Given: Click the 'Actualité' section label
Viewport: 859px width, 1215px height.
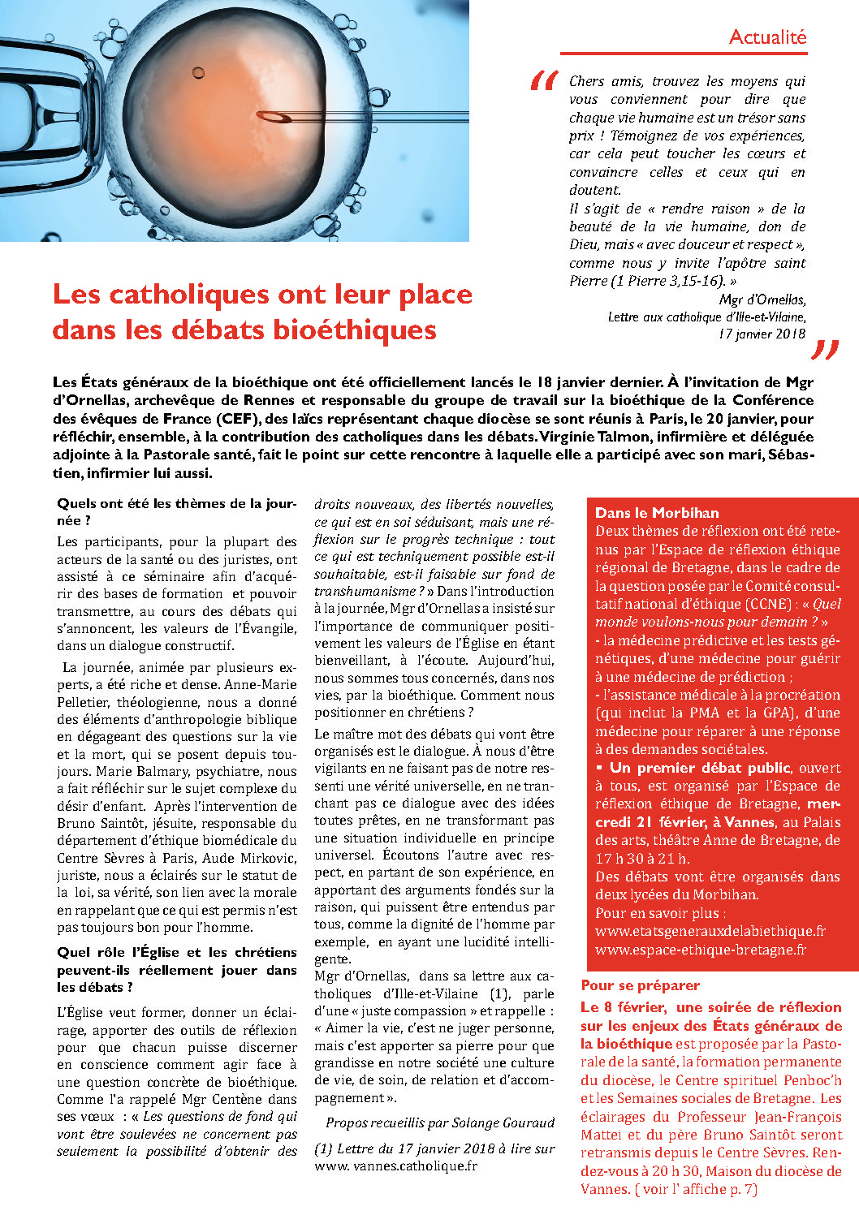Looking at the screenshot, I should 767,37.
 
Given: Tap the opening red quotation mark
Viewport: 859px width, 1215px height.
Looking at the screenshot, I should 544,81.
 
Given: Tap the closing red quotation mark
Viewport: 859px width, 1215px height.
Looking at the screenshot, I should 824,350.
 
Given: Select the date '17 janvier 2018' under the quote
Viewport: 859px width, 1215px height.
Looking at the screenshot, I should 762,334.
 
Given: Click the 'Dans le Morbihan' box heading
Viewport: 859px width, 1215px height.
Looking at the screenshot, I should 657,513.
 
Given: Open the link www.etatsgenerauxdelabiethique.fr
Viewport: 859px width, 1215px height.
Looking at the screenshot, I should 710,931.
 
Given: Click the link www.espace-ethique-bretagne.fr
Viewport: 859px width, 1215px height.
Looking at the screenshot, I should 701,949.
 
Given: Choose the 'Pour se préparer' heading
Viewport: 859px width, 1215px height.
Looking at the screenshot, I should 640,985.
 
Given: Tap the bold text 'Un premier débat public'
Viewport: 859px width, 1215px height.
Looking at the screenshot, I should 700,768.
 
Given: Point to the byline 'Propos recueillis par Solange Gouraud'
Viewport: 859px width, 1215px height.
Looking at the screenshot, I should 440,1122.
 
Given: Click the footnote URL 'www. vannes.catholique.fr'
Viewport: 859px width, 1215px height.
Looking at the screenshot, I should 395,1165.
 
